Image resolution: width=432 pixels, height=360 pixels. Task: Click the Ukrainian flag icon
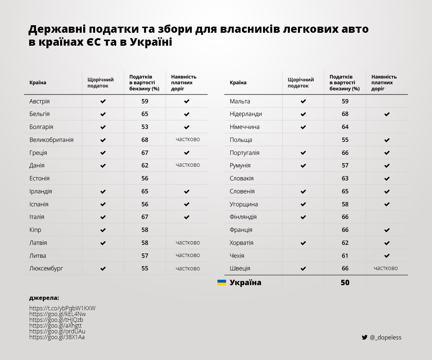coord(222,283)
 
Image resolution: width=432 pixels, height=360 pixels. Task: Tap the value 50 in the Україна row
coord(345,283)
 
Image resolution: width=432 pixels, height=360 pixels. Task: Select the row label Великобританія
coord(51,140)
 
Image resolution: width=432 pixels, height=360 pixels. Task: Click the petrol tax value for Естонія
coord(145,178)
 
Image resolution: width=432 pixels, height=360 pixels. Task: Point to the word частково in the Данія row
coord(188,165)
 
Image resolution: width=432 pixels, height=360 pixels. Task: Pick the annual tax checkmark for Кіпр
coord(103,230)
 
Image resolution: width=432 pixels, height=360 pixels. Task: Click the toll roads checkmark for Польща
coord(387,140)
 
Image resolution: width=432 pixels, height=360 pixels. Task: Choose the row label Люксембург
coord(48,269)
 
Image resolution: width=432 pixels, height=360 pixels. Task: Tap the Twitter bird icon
coord(364,337)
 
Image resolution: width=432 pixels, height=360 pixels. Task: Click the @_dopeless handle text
coord(385,337)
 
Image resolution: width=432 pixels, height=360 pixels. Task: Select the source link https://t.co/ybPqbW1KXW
coord(62,308)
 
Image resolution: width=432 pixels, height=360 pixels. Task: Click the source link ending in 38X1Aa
coord(57,337)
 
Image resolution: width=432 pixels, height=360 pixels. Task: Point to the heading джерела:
coord(44,298)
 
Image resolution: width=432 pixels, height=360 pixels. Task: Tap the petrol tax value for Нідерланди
coord(345,114)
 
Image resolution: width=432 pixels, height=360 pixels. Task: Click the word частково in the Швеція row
coord(386,268)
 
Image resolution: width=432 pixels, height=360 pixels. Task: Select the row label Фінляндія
coord(243,217)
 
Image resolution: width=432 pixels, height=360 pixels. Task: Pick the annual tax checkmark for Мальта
coord(303,102)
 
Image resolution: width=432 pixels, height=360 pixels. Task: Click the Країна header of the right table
coord(238,83)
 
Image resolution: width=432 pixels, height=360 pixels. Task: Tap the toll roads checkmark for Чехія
coord(387,256)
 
